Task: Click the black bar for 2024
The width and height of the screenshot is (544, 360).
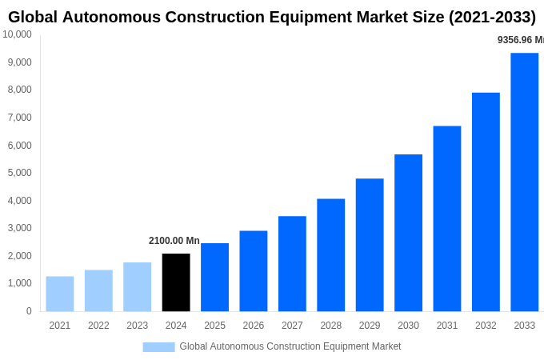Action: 176,282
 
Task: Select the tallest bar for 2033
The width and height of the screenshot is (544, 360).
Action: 524,182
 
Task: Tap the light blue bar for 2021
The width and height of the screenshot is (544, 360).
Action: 60,294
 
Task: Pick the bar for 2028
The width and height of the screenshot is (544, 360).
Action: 330,255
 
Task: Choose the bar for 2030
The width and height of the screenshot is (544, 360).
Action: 408,233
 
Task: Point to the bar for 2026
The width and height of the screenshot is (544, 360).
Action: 254,271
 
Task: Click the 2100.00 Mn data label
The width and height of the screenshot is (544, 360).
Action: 174,241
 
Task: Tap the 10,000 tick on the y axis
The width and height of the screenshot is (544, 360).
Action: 17,34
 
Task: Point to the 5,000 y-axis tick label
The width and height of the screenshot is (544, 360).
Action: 19,173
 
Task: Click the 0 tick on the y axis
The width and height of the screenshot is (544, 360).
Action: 29,311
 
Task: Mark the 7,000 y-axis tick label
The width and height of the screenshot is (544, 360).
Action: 19,118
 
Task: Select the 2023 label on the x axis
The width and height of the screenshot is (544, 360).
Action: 137,326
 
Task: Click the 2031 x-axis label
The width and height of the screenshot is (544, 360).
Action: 446,326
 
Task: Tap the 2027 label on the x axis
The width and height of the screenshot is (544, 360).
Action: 292,326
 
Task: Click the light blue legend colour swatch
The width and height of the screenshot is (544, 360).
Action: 158,346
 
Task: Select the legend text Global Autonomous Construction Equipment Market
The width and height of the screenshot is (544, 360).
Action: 290,346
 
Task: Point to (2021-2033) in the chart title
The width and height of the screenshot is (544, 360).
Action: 486,17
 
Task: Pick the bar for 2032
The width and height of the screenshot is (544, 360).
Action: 486,202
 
